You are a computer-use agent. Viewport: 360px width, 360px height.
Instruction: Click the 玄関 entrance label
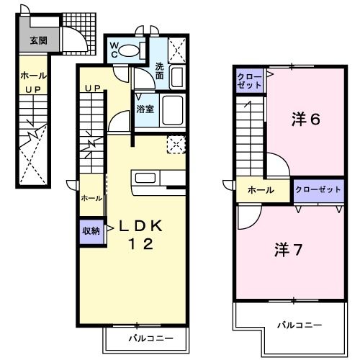click(38, 40)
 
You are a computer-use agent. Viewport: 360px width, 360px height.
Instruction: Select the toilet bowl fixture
click(130, 50)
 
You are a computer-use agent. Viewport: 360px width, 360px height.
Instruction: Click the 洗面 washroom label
click(161, 71)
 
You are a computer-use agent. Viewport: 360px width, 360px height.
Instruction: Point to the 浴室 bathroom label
click(145, 109)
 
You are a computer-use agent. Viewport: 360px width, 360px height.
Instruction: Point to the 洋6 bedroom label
click(305, 119)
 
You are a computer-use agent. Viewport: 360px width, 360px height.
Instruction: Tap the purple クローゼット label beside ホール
click(317, 189)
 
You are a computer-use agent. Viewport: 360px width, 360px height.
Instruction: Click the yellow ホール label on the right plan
click(260, 190)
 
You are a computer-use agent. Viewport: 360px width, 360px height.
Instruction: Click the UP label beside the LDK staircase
click(92, 89)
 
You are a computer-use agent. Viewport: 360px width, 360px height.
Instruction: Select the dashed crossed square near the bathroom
click(175, 144)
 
